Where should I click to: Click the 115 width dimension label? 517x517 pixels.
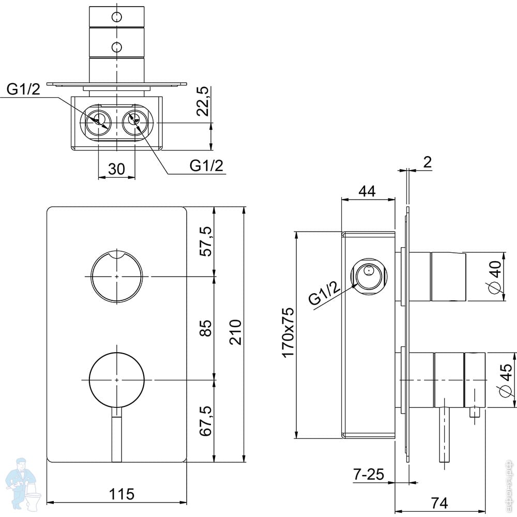point(121,494)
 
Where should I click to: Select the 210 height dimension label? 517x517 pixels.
point(235,332)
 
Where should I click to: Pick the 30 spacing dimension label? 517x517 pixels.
point(117,169)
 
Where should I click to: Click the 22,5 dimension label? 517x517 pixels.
point(203,101)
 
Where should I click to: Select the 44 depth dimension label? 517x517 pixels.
point(367,191)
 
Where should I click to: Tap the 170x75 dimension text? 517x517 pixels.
point(288,332)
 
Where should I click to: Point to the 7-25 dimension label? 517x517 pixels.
point(369,475)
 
